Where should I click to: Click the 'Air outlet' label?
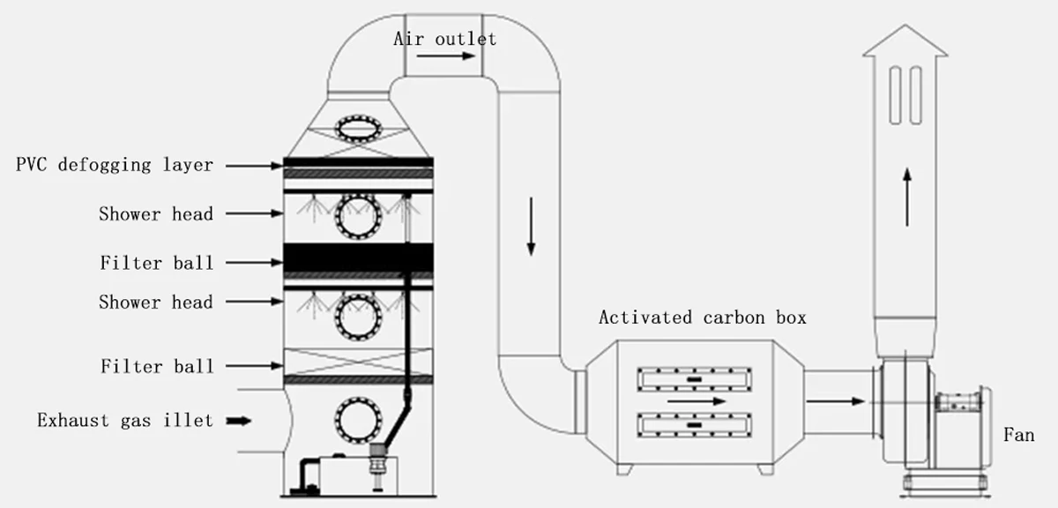click(444, 39)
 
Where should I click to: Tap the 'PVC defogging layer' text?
click(114, 165)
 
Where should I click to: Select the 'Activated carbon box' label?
click(702, 317)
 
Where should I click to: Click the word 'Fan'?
click(1018, 435)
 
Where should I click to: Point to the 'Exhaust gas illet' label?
click(124, 421)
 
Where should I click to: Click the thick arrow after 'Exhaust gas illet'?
click(238, 422)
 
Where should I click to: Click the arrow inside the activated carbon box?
click(697, 401)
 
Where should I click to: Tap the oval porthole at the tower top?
click(357, 129)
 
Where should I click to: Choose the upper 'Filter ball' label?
click(156, 263)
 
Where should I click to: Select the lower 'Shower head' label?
click(155, 302)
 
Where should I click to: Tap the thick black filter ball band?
click(357, 258)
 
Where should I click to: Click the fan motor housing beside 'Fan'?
click(964, 428)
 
